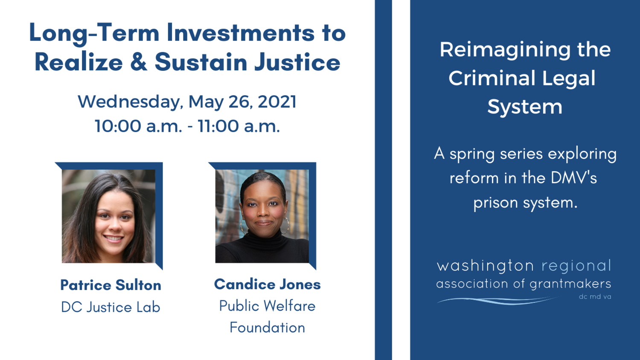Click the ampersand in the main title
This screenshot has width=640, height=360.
point(139,62)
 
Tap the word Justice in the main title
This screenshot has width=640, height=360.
point(297,62)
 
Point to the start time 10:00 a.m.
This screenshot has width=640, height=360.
point(138,126)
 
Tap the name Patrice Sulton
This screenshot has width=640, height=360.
point(111,285)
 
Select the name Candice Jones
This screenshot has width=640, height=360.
point(268,284)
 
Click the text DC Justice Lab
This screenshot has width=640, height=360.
point(111,307)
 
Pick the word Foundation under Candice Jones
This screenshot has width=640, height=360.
point(268,328)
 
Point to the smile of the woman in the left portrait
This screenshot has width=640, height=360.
point(113,238)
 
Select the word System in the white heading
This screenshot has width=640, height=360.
point(525,107)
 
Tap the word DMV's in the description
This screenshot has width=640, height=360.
point(574,178)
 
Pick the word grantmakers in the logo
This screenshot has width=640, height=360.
point(570,284)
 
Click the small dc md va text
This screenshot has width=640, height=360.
point(595,297)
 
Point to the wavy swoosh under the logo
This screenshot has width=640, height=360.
point(497,301)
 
